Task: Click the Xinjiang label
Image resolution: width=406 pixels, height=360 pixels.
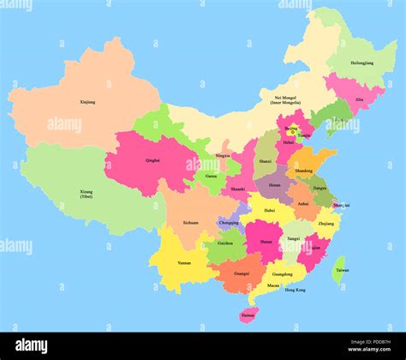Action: tap(87, 102)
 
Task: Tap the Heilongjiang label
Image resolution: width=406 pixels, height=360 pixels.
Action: tap(362, 63)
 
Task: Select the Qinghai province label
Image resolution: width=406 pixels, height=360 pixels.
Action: tap(153, 159)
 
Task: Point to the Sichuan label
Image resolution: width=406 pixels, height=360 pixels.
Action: tap(190, 222)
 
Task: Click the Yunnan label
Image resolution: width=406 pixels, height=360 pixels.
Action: tap(184, 262)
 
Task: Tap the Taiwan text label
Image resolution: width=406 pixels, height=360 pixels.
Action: tap(342, 270)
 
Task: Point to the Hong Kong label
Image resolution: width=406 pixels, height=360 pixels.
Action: tap(294, 290)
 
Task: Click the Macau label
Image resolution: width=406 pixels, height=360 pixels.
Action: tap(272, 285)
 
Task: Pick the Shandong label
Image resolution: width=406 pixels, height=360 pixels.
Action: tap(304, 171)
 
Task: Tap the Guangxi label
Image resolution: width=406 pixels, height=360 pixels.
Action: tap(242, 273)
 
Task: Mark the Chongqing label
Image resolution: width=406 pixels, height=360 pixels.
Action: tap(229, 222)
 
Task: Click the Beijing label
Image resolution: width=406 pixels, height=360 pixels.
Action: tap(291, 128)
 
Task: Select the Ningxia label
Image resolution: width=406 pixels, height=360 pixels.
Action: tap(222, 155)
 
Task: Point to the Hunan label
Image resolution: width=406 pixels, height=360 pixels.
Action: tap(266, 242)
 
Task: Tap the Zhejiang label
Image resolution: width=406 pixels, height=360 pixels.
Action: tap(325, 223)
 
